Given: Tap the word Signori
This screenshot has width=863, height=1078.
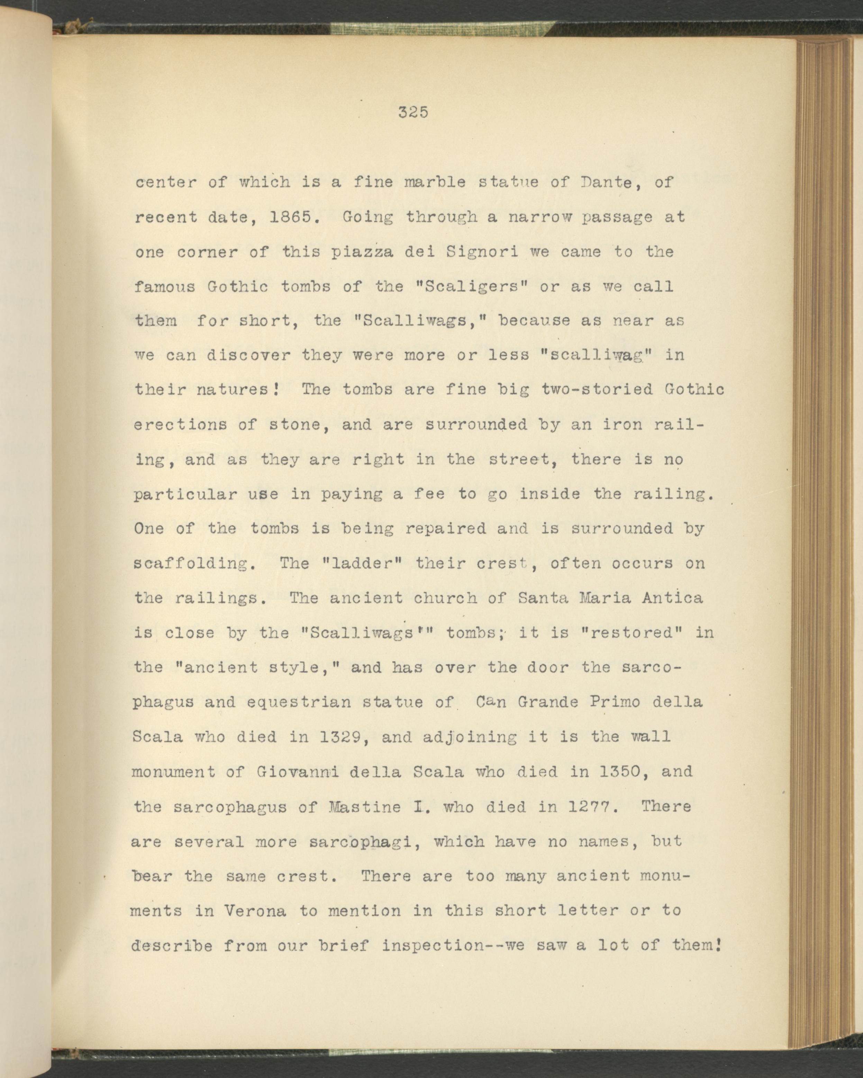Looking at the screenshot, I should [481, 252].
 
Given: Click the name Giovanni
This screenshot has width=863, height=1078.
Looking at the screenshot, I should [298, 771].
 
